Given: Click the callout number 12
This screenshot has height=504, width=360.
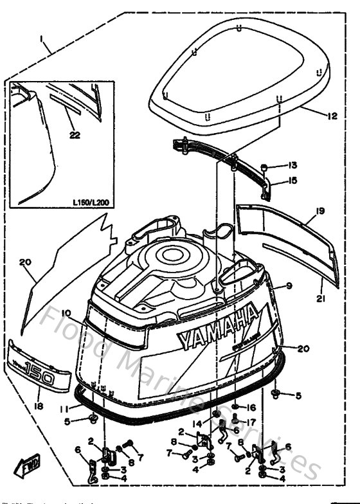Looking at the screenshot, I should [x=332, y=116].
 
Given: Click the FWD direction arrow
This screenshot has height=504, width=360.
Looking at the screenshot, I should [x=26, y=464].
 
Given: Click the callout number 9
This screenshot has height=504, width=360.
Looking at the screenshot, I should [x=289, y=285].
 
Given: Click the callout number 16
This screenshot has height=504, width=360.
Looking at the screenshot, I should [x=252, y=408].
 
